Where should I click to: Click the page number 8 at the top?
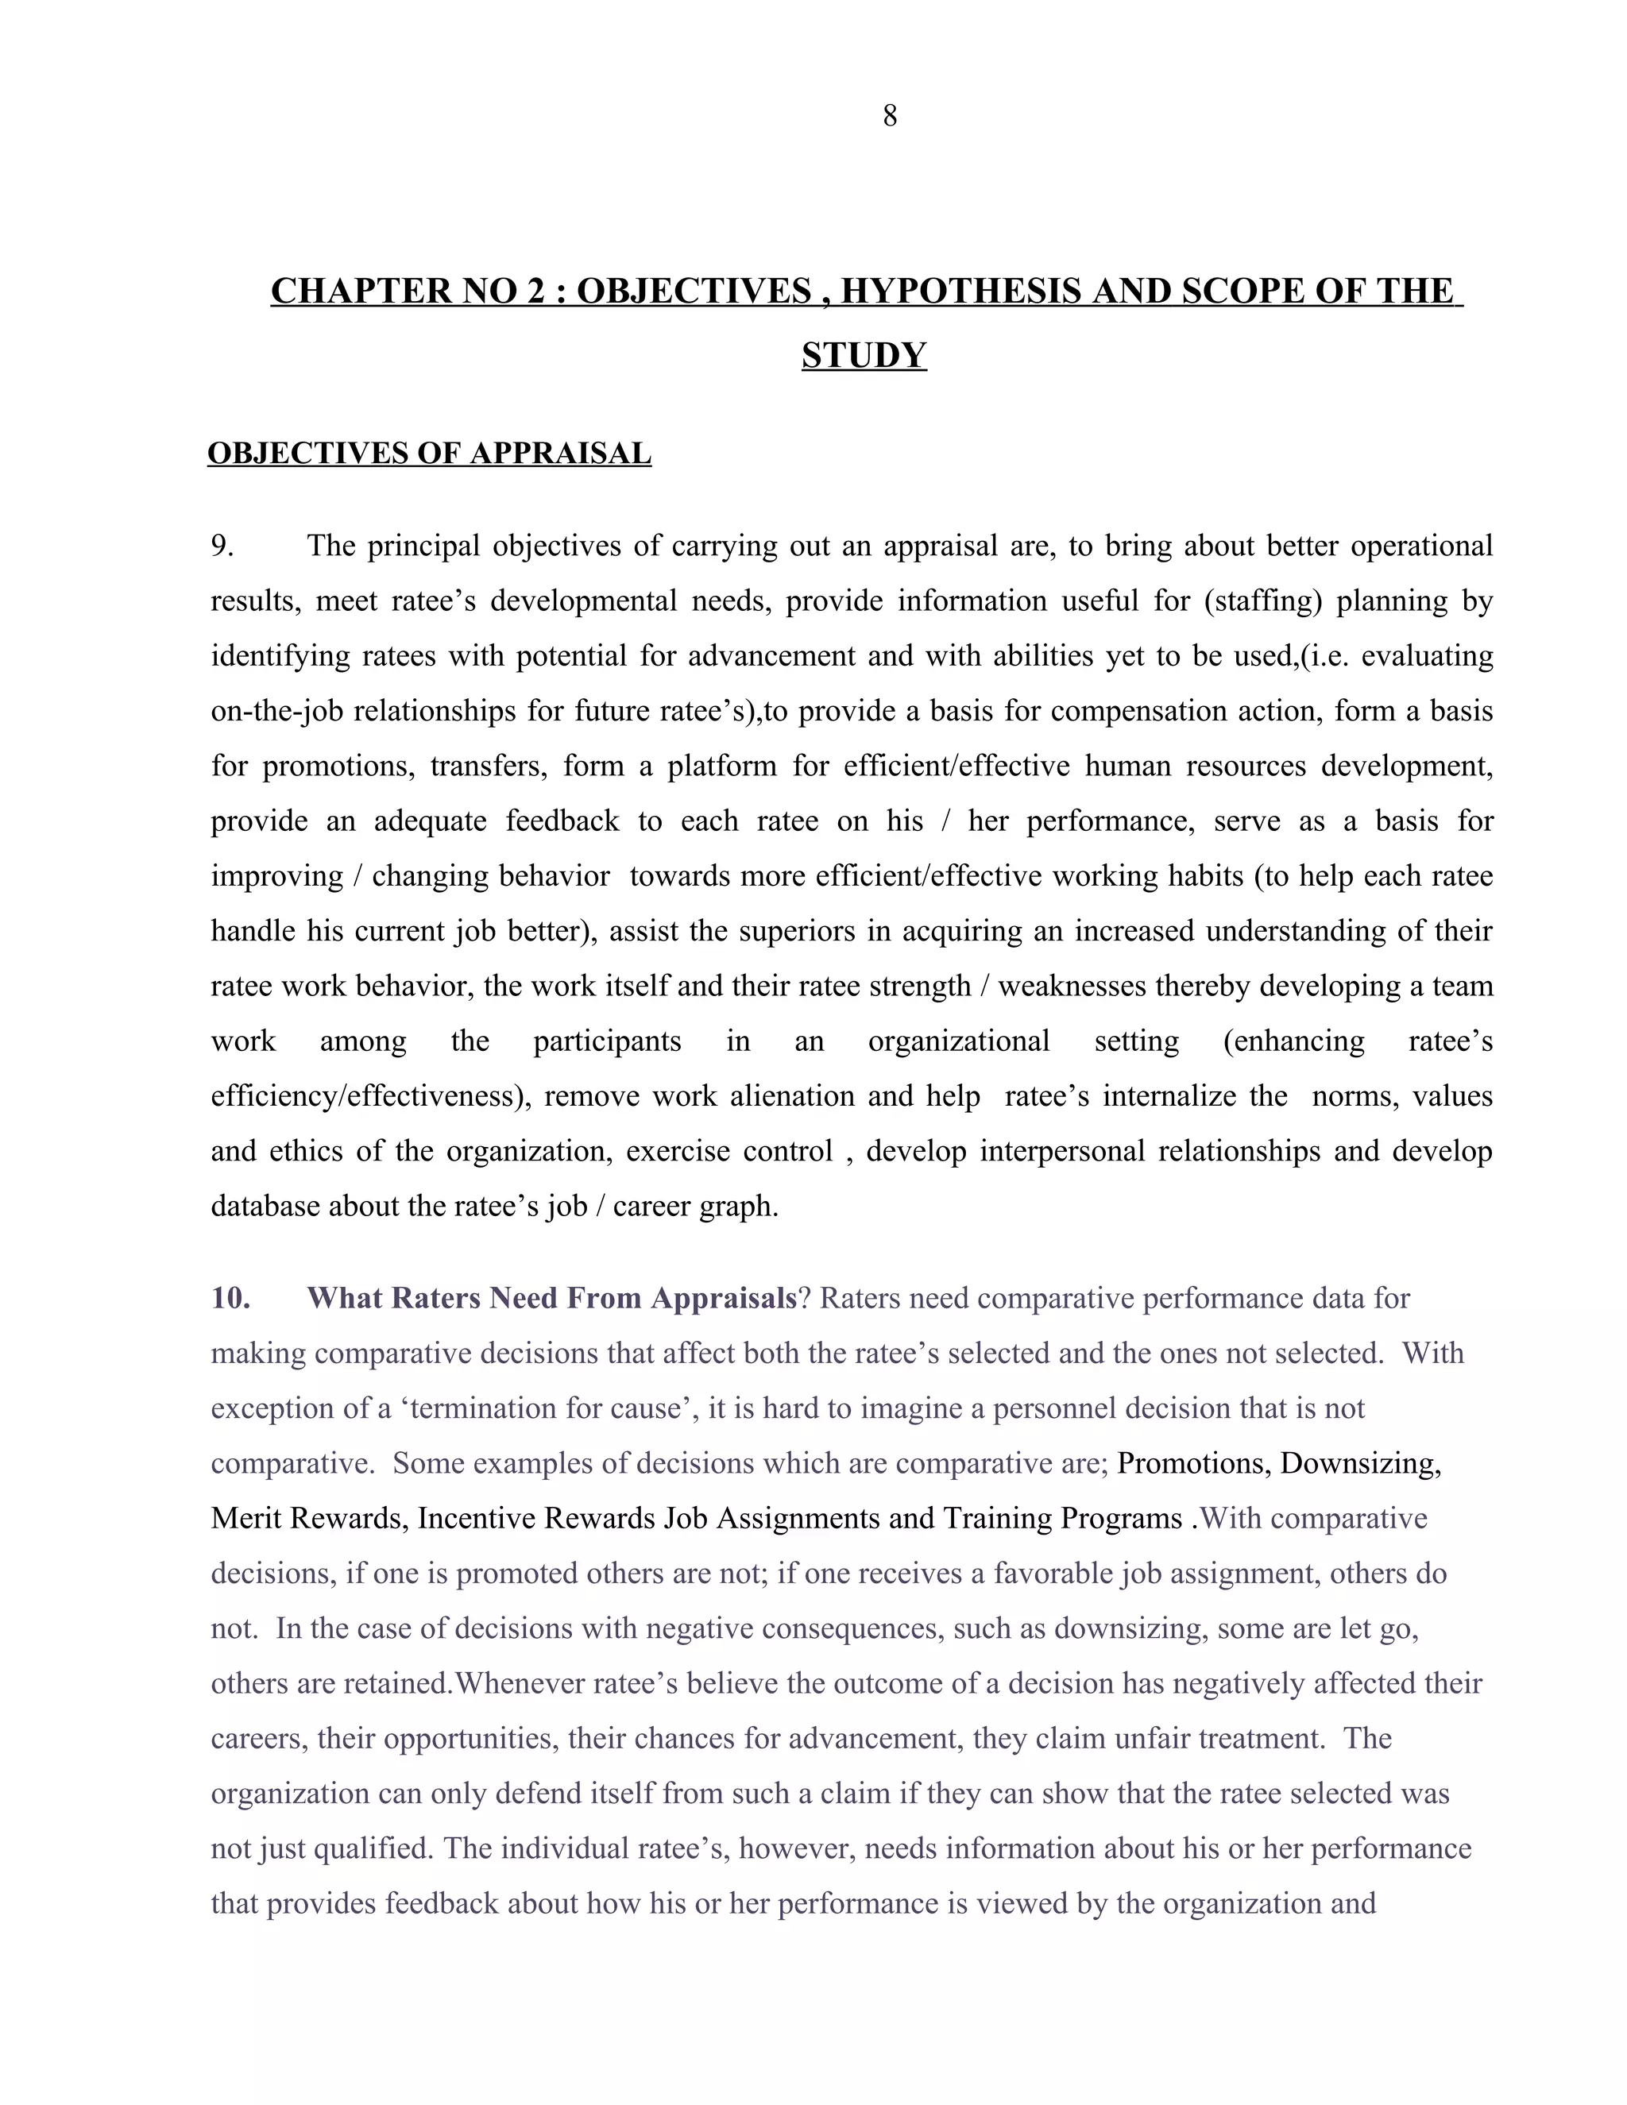889,117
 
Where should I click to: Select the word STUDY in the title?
864,356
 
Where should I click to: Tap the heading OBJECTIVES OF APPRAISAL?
429,453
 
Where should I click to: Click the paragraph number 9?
222,547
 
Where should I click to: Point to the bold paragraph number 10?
230,1298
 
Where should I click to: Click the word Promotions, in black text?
1193,1463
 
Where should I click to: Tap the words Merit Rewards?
308,1518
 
